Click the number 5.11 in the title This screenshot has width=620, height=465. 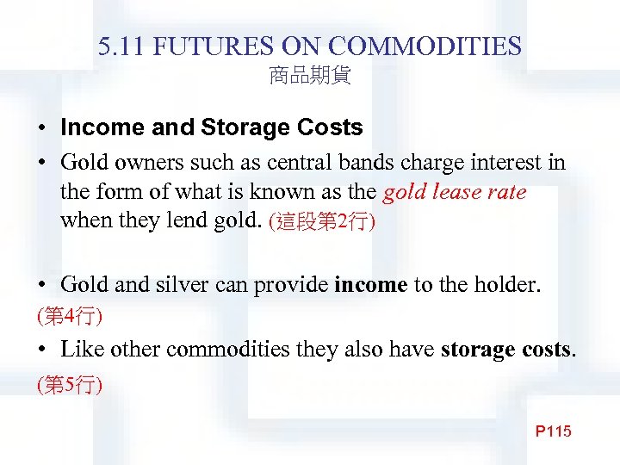click(119, 46)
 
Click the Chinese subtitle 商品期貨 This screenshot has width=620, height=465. click(309, 77)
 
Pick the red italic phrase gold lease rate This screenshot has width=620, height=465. click(454, 191)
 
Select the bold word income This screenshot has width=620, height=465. click(370, 285)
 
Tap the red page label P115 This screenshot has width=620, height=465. click(553, 431)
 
